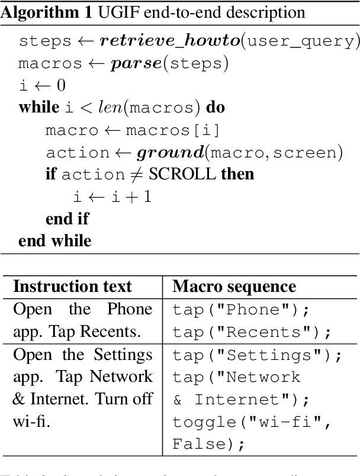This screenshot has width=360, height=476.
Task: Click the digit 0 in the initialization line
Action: pyautogui.click(x=60, y=85)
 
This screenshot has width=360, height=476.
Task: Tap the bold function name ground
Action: pyautogui.click(x=171, y=152)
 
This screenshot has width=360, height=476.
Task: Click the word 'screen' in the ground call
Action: pyautogui.click(x=306, y=152)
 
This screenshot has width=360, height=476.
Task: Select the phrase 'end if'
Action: pyautogui.click(x=67, y=218)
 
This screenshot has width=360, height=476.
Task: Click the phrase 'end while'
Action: pyautogui.click(x=54, y=240)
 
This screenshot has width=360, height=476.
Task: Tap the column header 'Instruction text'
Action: pyautogui.click(x=72, y=287)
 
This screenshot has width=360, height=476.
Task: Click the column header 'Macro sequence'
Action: pyautogui.click(x=234, y=287)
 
